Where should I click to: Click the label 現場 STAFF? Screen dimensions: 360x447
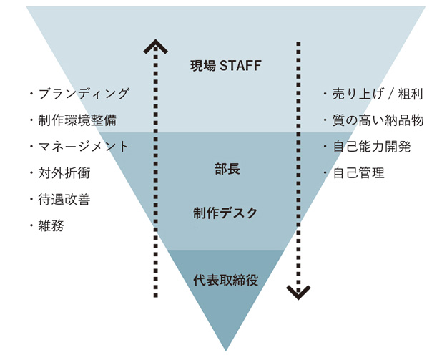tap(226, 67)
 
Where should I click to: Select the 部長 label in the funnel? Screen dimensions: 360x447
tap(226, 170)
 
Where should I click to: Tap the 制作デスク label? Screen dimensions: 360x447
tap(225, 213)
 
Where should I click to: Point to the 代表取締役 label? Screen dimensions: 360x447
tap(225, 280)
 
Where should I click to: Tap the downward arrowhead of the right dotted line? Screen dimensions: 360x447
tap(298, 292)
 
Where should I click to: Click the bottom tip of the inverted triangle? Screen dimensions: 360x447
tap(226, 349)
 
